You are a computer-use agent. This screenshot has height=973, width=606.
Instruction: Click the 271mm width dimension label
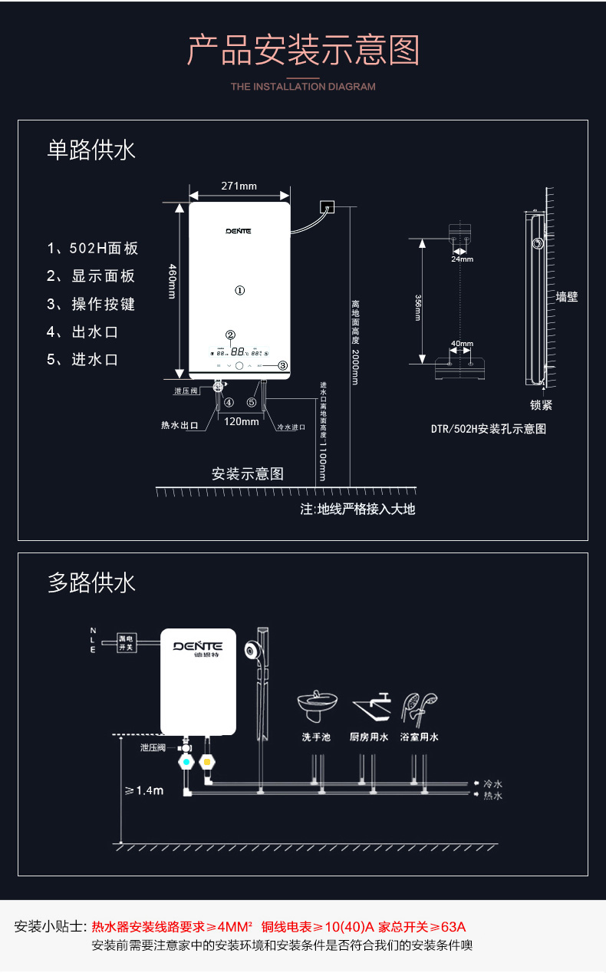(239, 186)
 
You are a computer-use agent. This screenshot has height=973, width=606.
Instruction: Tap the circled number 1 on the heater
(239, 291)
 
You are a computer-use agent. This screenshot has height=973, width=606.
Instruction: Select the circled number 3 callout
(282, 366)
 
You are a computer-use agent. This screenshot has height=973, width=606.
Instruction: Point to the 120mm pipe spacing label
(242, 421)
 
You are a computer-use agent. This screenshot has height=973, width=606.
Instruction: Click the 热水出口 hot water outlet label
(179, 425)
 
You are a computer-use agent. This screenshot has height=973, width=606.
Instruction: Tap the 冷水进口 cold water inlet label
(291, 427)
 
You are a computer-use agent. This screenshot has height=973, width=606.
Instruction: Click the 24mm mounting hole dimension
(462, 259)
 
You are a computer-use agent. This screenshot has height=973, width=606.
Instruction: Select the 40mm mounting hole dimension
(462, 344)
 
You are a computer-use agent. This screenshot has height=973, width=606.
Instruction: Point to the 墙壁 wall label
(567, 296)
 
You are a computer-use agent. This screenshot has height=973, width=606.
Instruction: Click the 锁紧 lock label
(541, 405)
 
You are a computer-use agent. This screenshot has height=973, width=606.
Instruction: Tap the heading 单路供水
(91, 150)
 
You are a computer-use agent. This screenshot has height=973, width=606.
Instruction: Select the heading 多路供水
(91, 583)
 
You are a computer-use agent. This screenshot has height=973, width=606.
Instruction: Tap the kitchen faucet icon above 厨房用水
(371, 706)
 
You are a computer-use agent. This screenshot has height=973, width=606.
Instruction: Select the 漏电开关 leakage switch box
(126, 642)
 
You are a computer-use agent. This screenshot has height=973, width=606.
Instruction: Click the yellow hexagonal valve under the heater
(206, 763)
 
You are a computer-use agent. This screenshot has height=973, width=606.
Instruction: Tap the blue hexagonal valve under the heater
(186, 763)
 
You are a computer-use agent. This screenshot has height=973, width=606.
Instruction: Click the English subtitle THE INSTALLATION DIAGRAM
(303, 87)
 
